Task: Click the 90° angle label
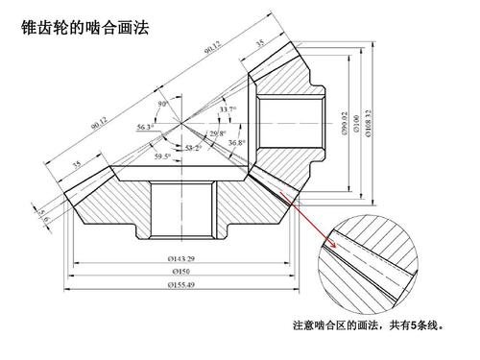point(164,104)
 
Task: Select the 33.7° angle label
point(227,109)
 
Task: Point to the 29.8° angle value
point(219,133)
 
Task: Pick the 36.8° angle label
point(236,143)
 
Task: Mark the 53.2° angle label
point(194,148)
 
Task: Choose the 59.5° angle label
point(163,156)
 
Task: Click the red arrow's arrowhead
point(336,252)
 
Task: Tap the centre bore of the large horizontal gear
point(180,208)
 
